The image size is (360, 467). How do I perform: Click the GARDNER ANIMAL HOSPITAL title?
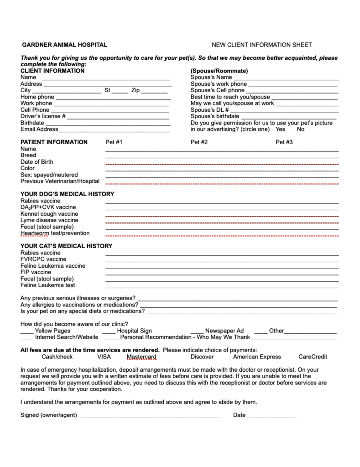pos(64,45)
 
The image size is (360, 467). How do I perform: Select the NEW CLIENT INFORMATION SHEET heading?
pos(262,45)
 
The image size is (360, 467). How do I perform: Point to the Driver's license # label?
pos(43,116)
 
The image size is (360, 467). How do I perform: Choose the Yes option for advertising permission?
pos(280,129)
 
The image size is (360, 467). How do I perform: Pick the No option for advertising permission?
pos(301,129)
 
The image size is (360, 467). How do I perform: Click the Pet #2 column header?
pos(199,142)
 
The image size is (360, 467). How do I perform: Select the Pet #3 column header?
pos(284,142)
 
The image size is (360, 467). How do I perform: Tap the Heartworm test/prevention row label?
pos(55,233)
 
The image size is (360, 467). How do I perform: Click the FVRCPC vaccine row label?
pos(43,259)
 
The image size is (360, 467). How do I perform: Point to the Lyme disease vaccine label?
pos(49,220)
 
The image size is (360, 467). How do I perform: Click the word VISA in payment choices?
pos(104,357)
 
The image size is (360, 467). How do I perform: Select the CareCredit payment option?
pos(313,357)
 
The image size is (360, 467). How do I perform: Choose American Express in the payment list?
pos(257,357)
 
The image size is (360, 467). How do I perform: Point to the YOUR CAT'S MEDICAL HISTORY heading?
pos(66,246)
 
